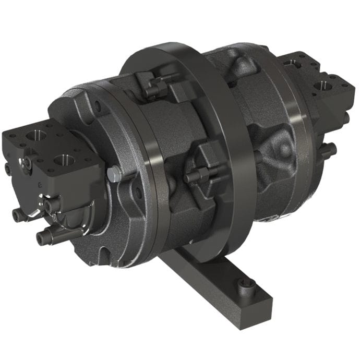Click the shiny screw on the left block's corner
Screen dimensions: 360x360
click(27, 163)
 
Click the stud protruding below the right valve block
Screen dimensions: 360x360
click(327, 151)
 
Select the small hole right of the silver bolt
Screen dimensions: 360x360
click(138, 192)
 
